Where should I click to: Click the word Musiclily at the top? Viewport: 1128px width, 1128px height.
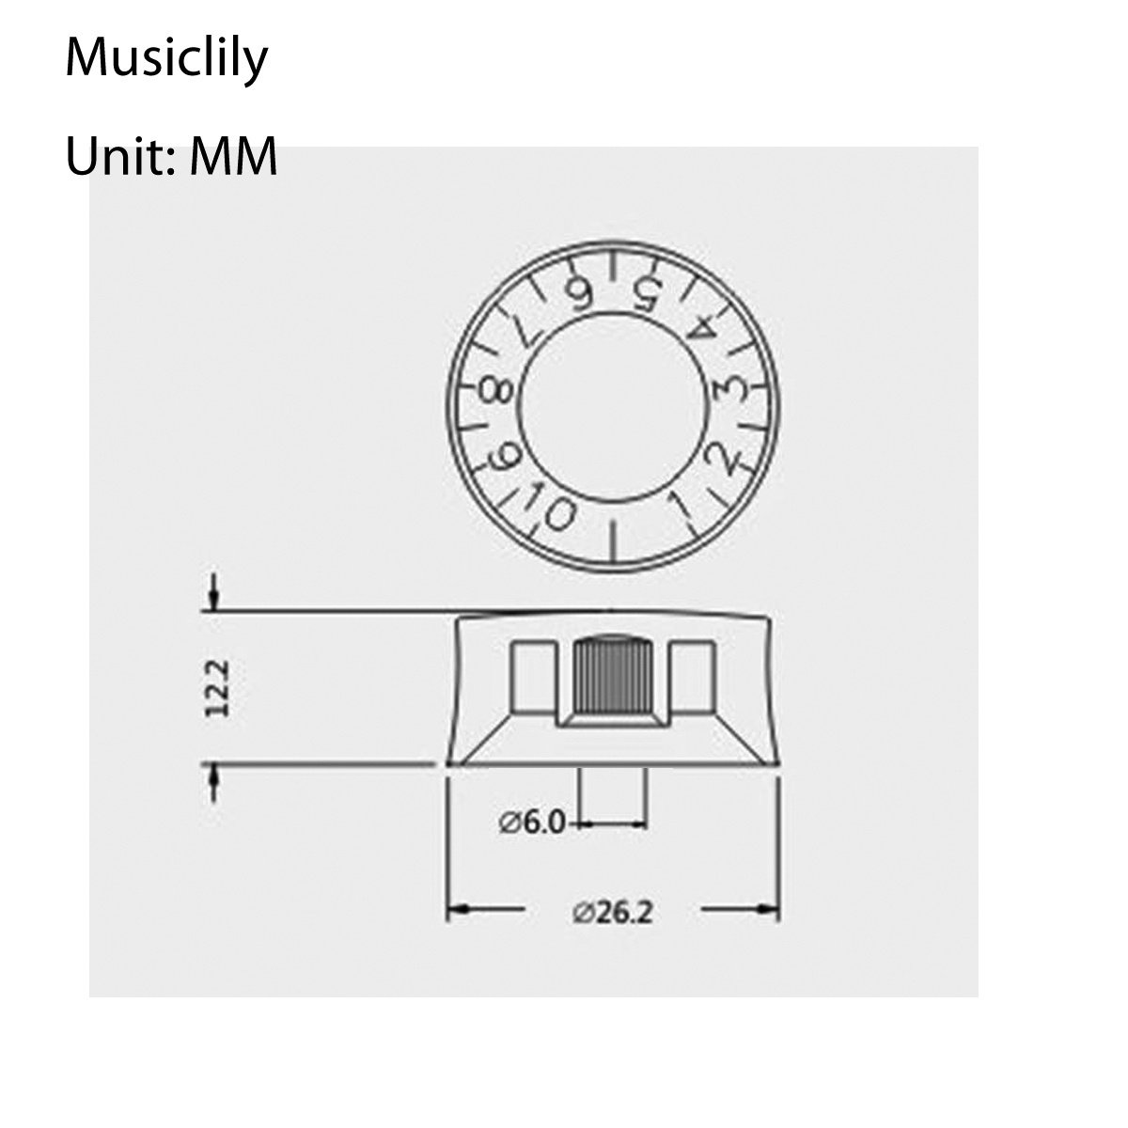pyautogui.click(x=166, y=60)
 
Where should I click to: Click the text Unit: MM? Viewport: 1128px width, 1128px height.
pyautogui.click(x=171, y=156)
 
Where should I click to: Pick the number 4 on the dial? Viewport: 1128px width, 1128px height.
pyautogui.click(x=703, y=329)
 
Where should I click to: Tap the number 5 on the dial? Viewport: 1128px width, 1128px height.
pyautogui.click(x=645, y=294)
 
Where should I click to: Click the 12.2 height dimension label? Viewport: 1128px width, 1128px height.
pyautogui.click(x=218, y=688)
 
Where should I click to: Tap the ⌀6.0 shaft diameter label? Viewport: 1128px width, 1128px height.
pyautogui.click(x=531, y=823)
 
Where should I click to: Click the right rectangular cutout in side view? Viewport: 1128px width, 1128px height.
pyautogui.click(x=693, y=676)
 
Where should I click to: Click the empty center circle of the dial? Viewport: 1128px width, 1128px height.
pyautogui.click(x=613, y=405)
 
